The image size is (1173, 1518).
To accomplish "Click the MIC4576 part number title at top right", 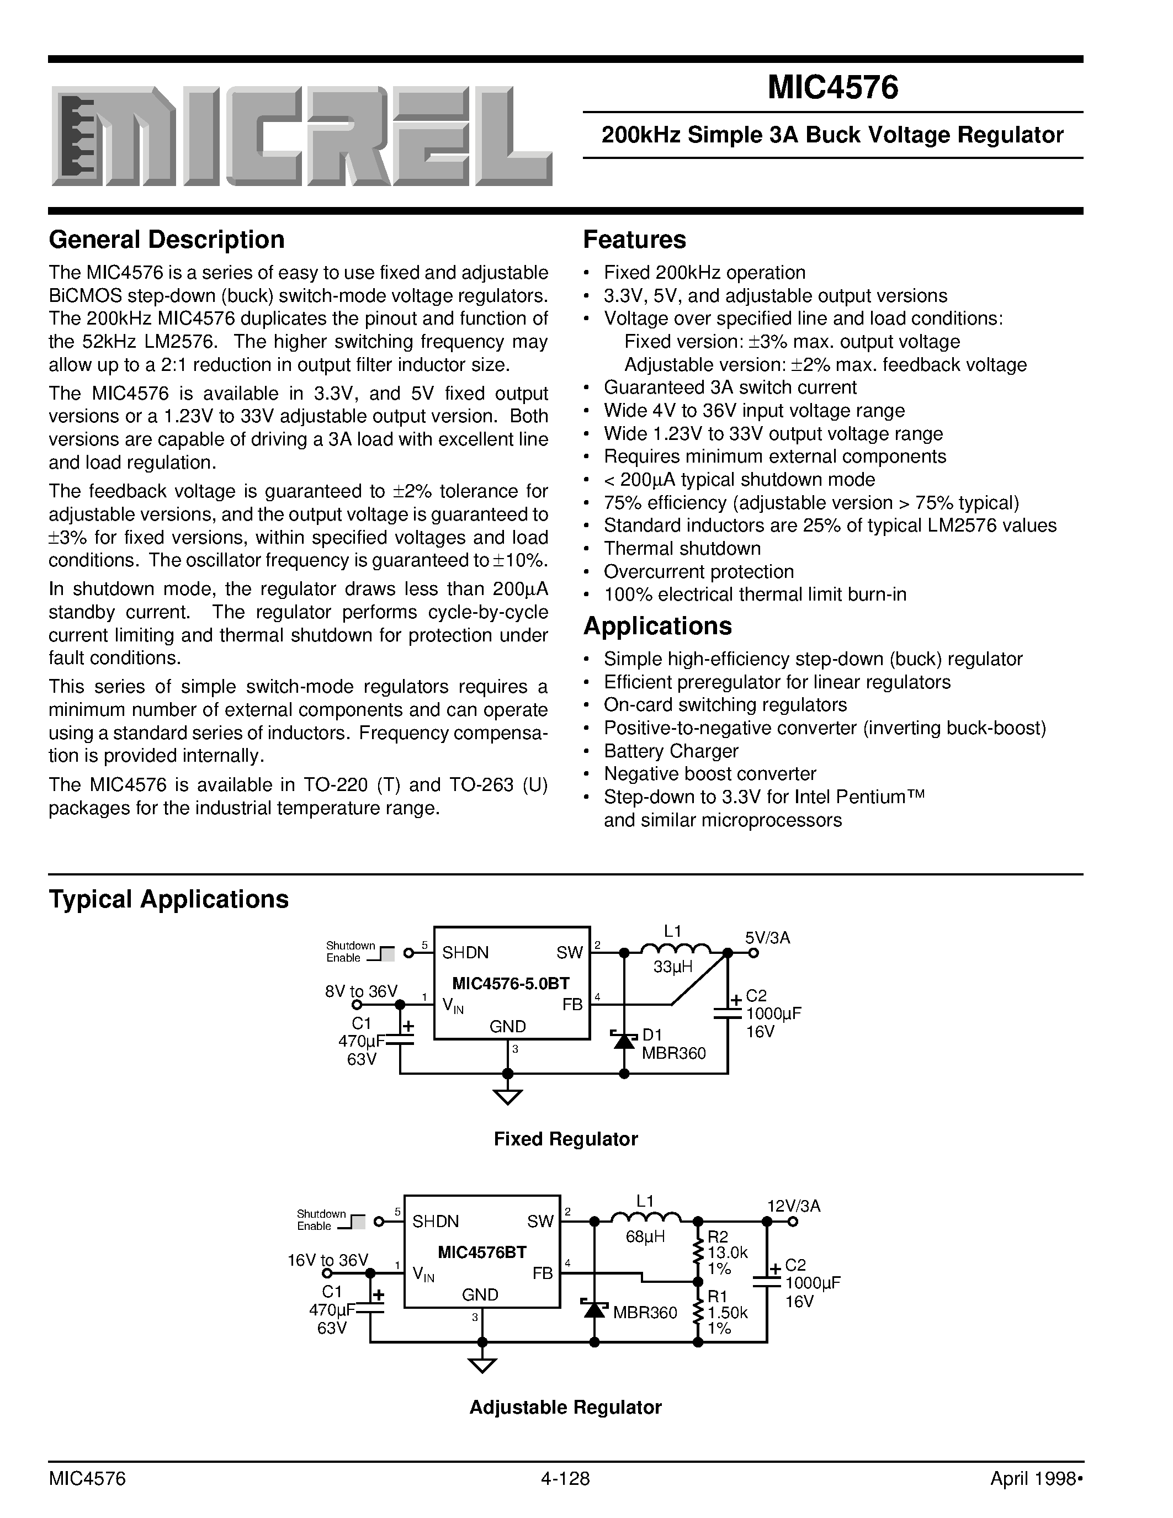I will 832,89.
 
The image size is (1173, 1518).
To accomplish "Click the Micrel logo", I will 301,137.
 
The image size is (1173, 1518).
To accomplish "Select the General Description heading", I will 167,240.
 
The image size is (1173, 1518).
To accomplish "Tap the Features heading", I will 634,240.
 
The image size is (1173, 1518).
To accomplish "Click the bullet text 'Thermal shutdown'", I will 682,548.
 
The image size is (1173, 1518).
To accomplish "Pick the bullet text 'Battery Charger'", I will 671,751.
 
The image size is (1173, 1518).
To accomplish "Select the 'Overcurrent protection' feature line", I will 698,571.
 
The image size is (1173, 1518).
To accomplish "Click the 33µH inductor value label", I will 673,966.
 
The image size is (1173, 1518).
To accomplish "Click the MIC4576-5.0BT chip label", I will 511,983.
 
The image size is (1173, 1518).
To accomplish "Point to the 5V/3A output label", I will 768,938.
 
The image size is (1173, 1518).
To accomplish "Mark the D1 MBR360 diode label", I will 673,1044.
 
